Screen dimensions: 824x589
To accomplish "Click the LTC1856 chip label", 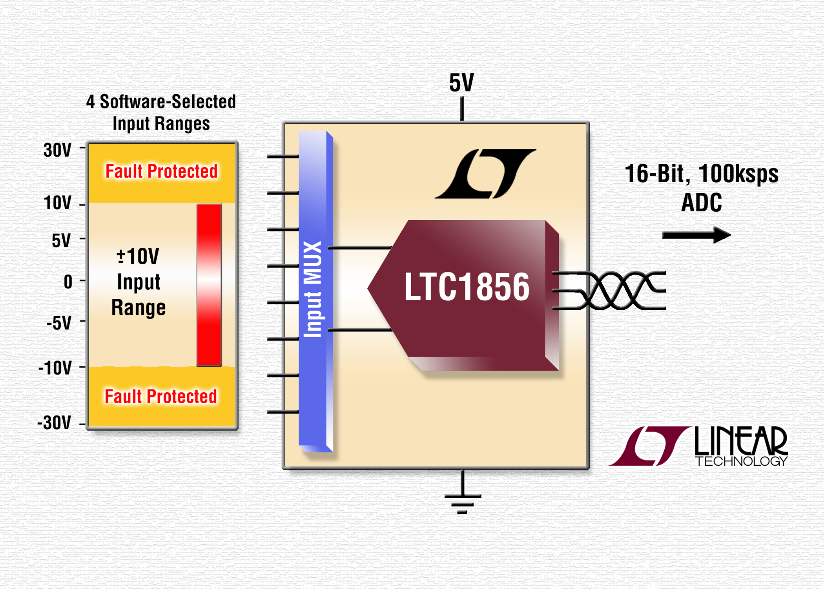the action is pyautogui.click(x=467, y=287).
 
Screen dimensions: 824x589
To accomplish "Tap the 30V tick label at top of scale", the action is pyautogui.click(x=58, y=150).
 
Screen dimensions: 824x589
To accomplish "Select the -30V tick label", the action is pyautogui.click(x=55, y=423).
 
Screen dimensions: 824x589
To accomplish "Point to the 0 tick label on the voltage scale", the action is pyautogui.click(x=68, y=282).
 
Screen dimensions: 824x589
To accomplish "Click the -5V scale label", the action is pyautogui.click(x=59, y=323).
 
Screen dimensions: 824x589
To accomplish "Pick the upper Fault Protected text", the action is pyautogui.click(x=162, y=171).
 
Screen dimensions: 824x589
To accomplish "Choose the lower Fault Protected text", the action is pyautogui.click(x=161, y=396).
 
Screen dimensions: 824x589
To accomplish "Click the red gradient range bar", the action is pyautogui.click(x=209, y=285).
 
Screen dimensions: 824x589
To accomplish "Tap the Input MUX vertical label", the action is pyautogui.click(x=313, y=289).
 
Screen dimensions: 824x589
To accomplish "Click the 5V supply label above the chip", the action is pyautogui.click(x=461, y=83).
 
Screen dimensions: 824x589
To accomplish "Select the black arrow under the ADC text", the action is pyautogui.click(x=696, y=235).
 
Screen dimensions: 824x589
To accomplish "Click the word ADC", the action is pyautogui.click(x=702, y=203).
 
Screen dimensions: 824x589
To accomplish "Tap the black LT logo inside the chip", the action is pyautogui.click(x=485, y=174).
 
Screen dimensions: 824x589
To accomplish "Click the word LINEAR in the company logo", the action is pyautogui.click(x=741, y=441).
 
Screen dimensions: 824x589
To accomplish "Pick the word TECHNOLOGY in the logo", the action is pyautogui.click(x=741, y=461).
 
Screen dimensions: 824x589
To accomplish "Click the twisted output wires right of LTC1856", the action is pyautogui.click(x=609, y=291).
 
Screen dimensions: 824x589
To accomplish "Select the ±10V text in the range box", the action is pyautogui.click(x=138, y=256).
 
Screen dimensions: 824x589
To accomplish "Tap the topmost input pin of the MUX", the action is pyautogui.click(x=283, y=157).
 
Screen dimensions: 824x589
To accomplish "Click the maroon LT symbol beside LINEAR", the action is pyautogui.click(x=649, y=446).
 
